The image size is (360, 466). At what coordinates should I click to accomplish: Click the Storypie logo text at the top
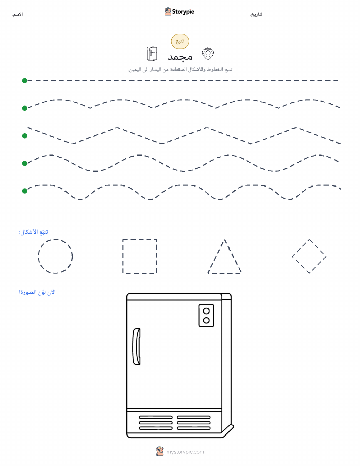point(183,12)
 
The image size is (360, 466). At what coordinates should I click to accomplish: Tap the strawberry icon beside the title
point(208,54)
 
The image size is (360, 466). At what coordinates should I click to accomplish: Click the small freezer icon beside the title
point(152,54)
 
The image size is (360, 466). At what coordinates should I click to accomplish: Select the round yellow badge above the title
point(180,41)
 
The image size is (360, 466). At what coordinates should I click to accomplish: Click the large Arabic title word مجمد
point(180,56)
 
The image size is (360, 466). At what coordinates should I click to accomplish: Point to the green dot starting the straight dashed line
point(25,80)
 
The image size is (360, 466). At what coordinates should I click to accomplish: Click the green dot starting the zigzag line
point(25,136)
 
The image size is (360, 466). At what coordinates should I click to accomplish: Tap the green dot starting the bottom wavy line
point(25,191)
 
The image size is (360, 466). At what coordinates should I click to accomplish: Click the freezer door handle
point(137,347)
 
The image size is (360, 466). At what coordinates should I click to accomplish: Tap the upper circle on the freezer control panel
point(206,311)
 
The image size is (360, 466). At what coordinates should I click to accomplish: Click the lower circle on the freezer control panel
point(206,320)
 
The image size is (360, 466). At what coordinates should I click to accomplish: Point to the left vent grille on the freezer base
point(156,423)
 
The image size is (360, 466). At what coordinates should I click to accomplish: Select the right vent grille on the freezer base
point(193,423)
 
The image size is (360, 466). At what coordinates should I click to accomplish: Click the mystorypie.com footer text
point(185,452)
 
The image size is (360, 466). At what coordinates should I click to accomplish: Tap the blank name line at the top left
point(90,17)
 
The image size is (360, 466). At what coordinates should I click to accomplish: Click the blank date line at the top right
point(317,17)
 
